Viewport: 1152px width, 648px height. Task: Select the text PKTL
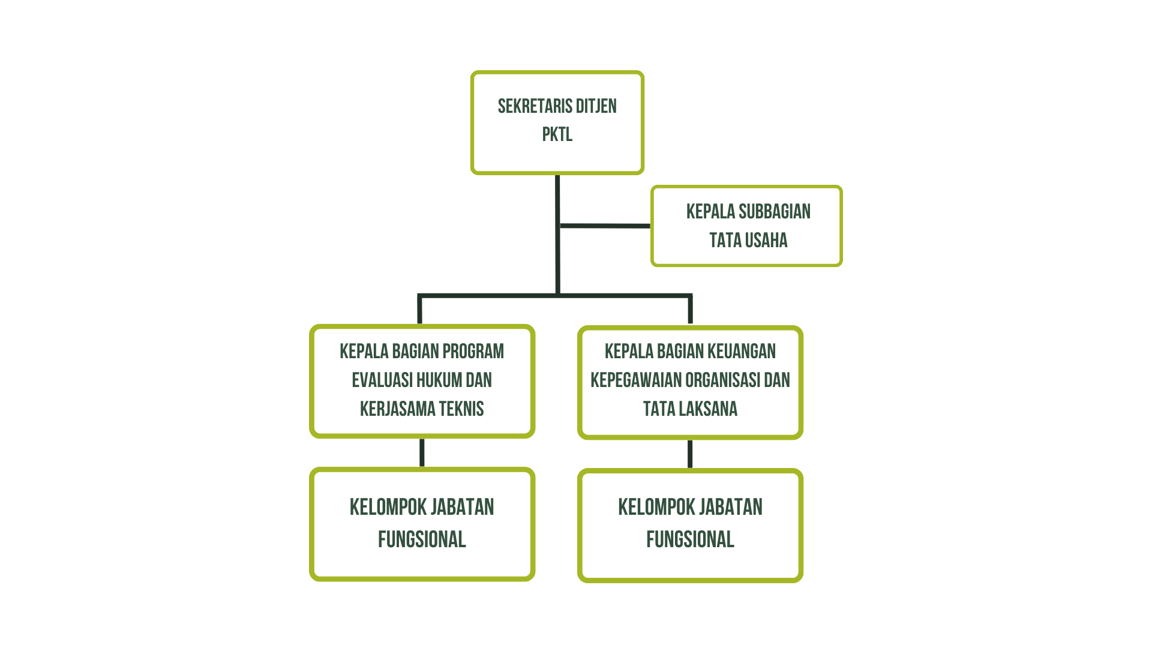[557, 134]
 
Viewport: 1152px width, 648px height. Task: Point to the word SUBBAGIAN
[775, 212]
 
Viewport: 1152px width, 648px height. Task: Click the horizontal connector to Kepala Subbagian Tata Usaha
[605, 226]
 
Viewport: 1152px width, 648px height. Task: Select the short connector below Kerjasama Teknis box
[422, 452]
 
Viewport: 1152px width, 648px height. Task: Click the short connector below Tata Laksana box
[690, 454]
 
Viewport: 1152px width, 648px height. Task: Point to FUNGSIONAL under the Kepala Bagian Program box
[422, 539]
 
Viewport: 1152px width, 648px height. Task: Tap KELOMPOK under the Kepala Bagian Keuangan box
[652, 508]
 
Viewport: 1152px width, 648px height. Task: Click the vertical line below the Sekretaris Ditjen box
[558, 235]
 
